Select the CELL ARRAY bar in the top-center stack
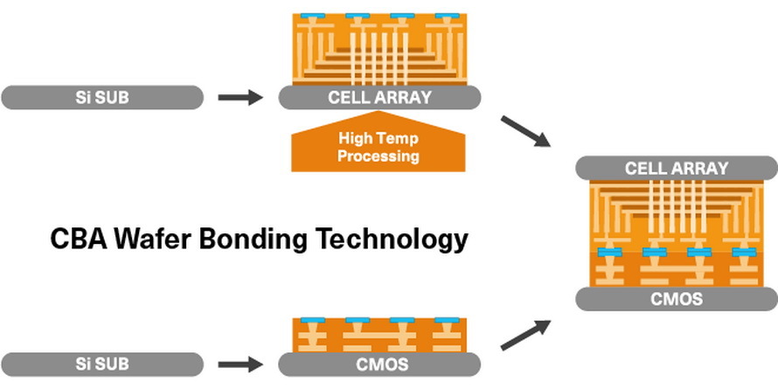379,97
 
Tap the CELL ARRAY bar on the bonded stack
677,167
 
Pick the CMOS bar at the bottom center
379,363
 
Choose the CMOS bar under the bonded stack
677,299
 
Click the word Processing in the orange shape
379,157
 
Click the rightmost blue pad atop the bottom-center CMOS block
447,320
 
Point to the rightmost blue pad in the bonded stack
745,253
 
